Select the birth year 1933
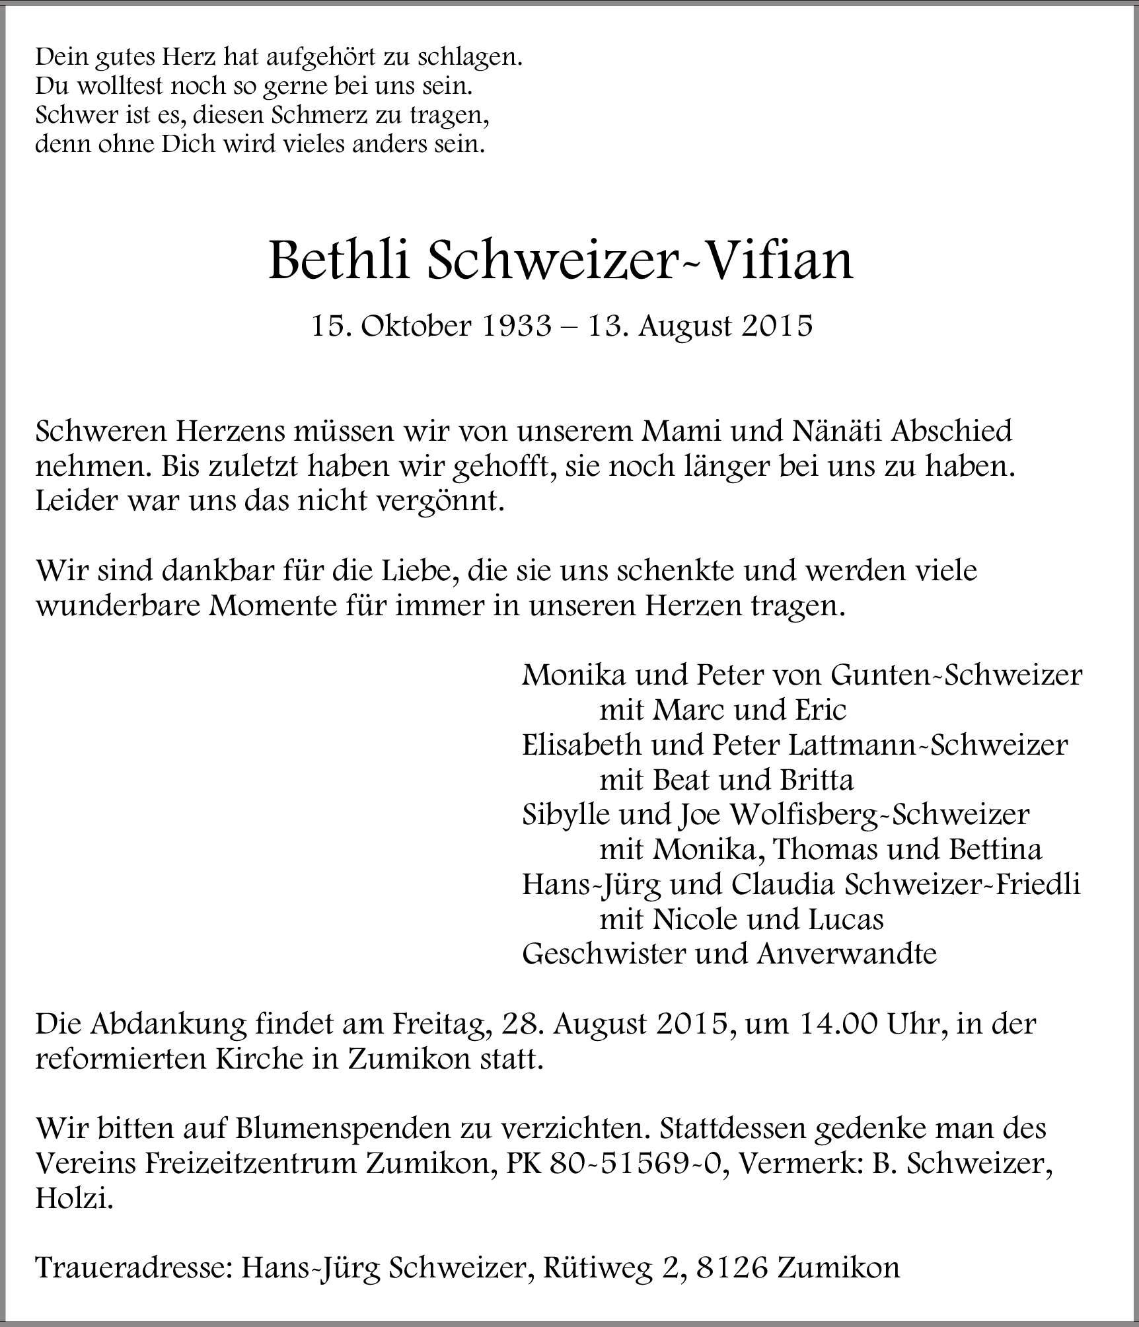pos(516,326)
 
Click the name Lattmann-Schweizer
pos(928,745)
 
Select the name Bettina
pos(995,850)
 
